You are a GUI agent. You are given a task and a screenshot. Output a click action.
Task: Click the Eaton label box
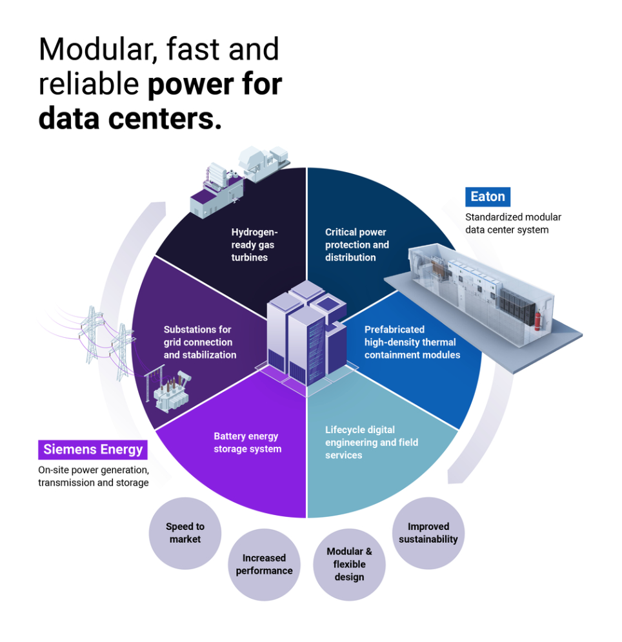click(488, 197)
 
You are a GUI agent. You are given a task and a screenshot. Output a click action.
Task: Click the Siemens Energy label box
click(93, 449)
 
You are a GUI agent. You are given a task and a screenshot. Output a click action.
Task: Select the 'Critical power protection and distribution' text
click(357, 244)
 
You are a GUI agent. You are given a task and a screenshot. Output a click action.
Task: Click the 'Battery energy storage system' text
click(247, 442)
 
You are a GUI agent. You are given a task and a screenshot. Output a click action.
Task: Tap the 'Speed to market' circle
click(185, 533)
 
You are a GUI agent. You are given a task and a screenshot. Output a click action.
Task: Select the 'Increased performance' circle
click(264, 564)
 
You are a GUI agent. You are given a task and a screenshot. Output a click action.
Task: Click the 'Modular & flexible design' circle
click(349, 564)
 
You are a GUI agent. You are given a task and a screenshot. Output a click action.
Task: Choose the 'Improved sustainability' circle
click(428, 533)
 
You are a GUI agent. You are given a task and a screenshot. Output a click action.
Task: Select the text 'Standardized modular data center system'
click(513, 223)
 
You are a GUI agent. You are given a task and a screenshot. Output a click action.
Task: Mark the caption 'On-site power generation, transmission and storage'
click(94, 476)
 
